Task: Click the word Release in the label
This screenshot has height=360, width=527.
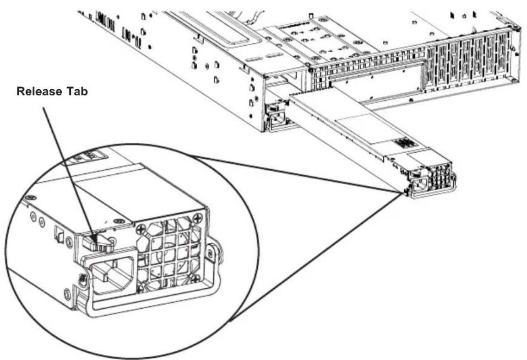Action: [40, 91]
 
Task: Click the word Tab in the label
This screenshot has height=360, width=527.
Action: [77, 91]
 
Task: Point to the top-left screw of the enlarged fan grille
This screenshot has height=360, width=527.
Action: [140, 229]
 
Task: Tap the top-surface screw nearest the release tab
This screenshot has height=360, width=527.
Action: [118, 221]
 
